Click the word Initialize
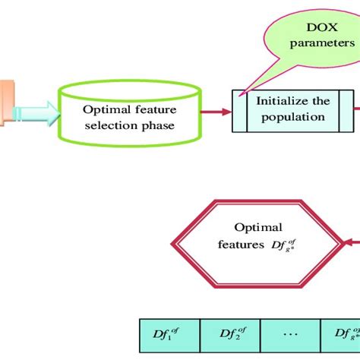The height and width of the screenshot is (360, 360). tap(292, 100)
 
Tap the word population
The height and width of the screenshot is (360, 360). tap(293, 117)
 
